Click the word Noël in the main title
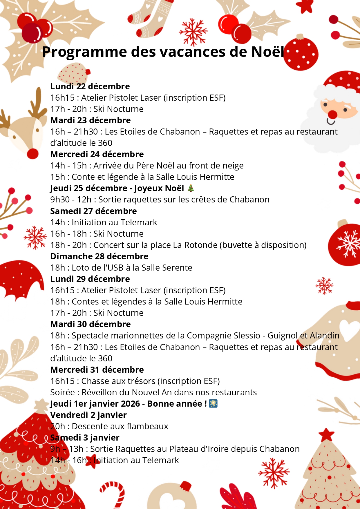tap(267, 52)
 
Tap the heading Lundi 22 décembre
tap(90, 86)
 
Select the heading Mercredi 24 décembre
tap(97, 154)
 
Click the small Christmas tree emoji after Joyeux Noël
tap(191, 188)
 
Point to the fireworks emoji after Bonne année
tap(213, 403)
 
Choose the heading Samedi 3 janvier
tap(85, 438)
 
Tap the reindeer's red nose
tap(32, 153)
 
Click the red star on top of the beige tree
tap(326, 435)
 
